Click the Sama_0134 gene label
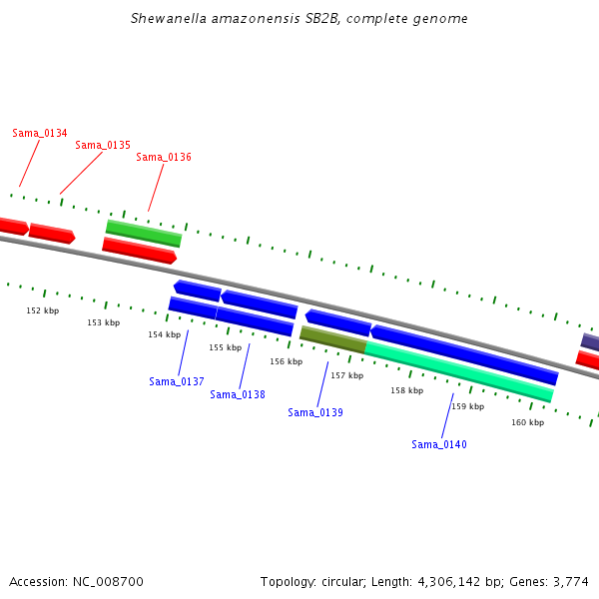(x=40, y=133)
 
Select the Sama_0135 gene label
(x=103, y=145)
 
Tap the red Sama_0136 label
(x=164, y=157)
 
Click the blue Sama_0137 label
(x=177, y=381)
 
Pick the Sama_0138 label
(x=238, y=394)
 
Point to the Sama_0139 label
(x=315, y=412)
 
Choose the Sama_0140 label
(x=439, y=444)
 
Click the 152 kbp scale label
(x=43, y=310)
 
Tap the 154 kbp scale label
(x=165, y=334)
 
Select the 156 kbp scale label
(x=287, y=361)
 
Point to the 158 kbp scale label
(x=407, y=390)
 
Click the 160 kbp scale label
(x=528, y=422)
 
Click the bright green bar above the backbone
(x=144, y=234)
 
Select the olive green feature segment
(x=333, y=339)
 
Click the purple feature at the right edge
(x=590, y=342)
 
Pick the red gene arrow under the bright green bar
(x=140, y=251)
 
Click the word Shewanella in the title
(x=169, y=18)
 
